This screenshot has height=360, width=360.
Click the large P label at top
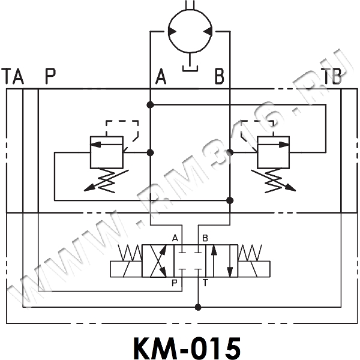(49, 77)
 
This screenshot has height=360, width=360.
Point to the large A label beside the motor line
(160, 77)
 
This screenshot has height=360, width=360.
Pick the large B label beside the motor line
(219, 77)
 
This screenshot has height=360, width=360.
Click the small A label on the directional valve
(175, 238)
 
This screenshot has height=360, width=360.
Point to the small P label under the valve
(175, 283)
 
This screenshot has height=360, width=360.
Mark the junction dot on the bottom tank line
(198, 307)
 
